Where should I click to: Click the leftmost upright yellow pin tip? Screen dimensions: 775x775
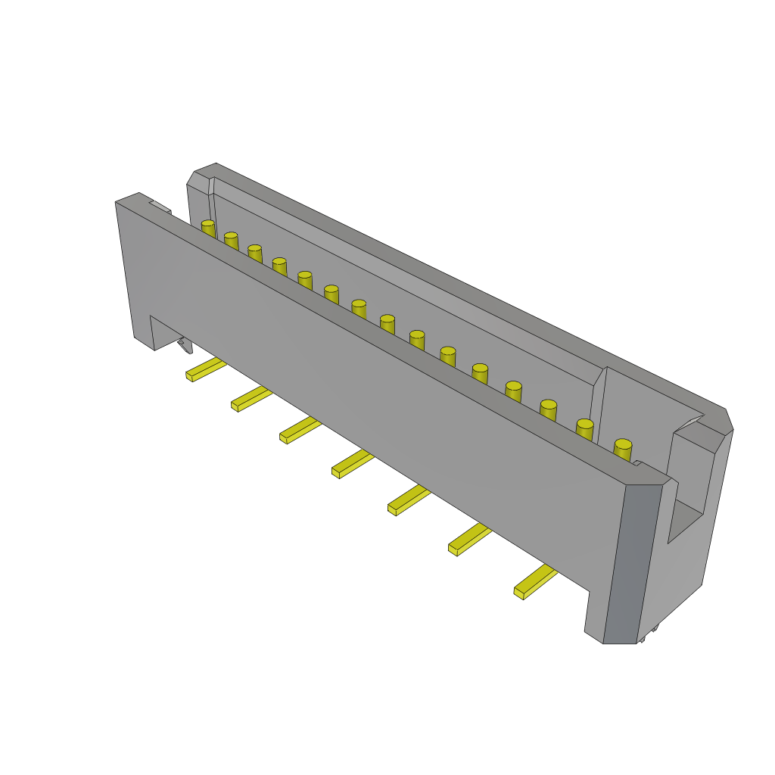207,225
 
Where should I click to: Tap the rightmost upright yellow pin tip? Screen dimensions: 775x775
623,445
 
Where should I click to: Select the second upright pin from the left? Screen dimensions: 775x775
231,237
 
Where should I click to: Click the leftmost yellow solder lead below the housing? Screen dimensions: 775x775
205,370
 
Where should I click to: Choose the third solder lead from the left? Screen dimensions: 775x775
300,430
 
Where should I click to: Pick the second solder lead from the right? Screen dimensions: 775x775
469,539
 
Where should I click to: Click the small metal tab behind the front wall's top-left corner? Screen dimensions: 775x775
160,206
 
